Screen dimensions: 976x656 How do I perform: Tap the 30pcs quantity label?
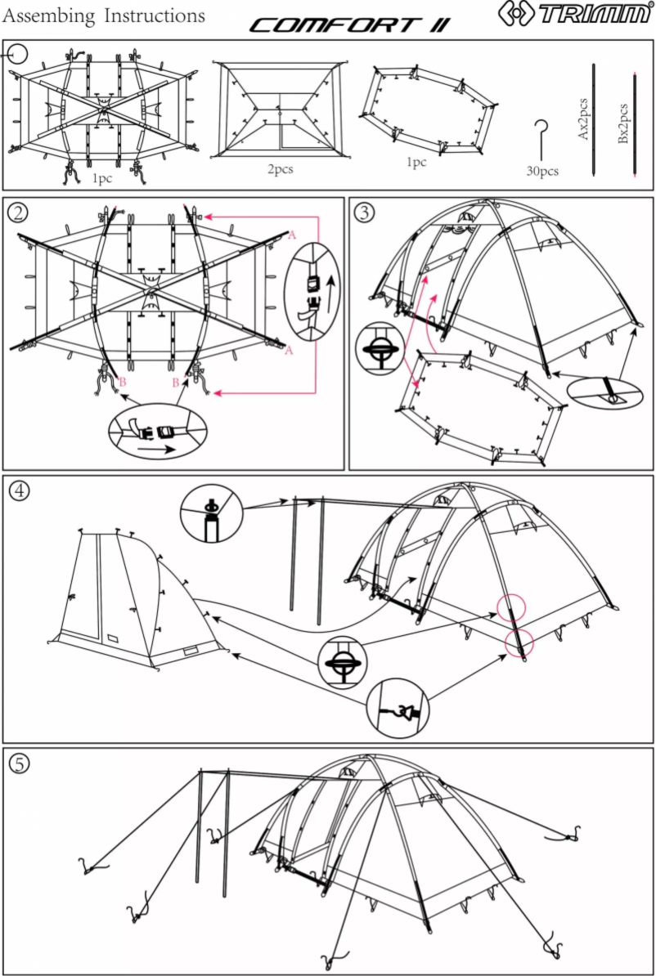coord(542,172)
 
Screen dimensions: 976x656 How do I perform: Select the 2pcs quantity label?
coord(280,169)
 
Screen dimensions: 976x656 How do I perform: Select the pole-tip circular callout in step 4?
coord(211,512)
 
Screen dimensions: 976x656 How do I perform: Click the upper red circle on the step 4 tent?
coord(510,608)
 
